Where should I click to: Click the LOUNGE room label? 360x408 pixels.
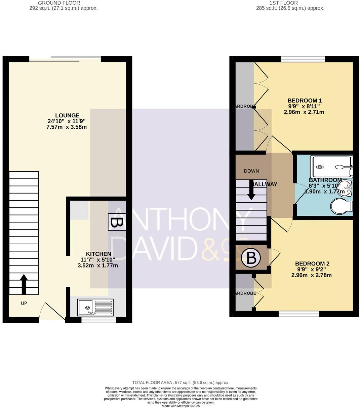(68, 116)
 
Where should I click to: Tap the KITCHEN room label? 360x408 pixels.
(98, 254)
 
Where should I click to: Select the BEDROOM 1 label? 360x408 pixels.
(305, 100)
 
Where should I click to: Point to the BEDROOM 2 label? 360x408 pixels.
(312, 264)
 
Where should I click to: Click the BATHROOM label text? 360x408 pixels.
(325, 180)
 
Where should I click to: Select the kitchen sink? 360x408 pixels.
(95, 307)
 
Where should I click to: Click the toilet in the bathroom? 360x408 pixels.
(341, 206)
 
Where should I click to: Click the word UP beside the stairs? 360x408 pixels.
(24, 303)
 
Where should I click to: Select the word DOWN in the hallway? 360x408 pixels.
(251, 171)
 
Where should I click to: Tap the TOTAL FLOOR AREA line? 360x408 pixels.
(181, 382)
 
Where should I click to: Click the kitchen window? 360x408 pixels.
(98, 320)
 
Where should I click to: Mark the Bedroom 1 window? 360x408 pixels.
(303, 59)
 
